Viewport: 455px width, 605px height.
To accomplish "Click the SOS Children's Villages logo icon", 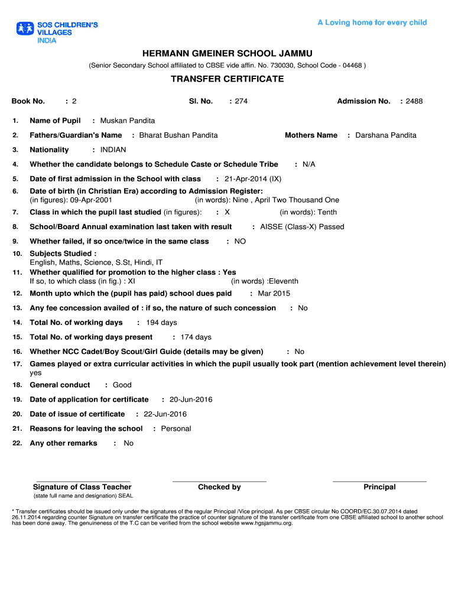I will (x=25, y=28).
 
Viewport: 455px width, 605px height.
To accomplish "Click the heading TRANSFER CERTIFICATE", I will (x=227, y=79).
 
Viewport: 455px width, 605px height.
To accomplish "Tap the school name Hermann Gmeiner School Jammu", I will (x=227, y=54).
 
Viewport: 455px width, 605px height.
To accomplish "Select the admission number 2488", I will (x=414, y=102).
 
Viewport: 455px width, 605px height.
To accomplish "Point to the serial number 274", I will (x=241, y=102).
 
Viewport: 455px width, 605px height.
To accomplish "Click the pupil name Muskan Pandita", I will (x=128, y=121).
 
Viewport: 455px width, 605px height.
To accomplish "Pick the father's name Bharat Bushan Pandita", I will (x=178, y=135).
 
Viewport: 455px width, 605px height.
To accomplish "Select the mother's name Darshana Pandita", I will (x=386, y=135).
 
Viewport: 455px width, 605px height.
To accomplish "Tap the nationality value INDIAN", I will (x=113, y=150).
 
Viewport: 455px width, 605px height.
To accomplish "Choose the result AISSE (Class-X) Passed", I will (x=302, y=227).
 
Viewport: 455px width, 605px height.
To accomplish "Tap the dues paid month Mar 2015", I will (x=274, y=294).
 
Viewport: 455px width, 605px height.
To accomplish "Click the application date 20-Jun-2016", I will (x=191, y=400).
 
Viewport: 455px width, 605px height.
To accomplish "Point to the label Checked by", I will (x=219, y=487).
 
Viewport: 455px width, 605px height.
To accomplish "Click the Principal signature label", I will (x=379, y=487).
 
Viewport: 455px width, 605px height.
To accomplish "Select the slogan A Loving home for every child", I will (x=372, y=23).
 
